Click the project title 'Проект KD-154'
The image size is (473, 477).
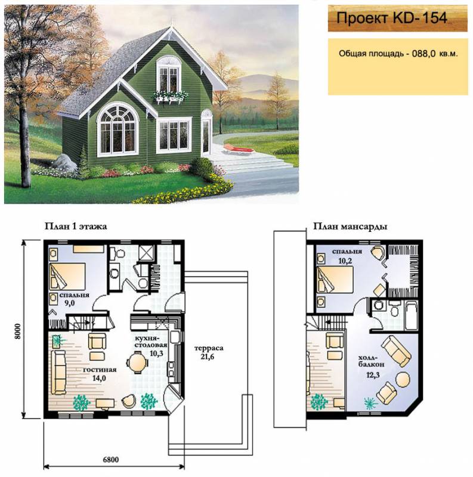(x=392, y=18)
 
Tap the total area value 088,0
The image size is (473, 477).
(x=423, y=54)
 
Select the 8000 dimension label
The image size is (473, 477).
(x=18, y=331)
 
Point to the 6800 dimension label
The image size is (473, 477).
(x=111, y=459)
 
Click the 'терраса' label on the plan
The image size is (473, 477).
(x=209, y=348)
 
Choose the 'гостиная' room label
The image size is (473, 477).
(x=100, y=370)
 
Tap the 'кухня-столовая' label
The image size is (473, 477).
(x=151, y=342)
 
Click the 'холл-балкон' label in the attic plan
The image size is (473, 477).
(x=371, y=361)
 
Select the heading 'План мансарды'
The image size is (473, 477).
(x=350, y=227)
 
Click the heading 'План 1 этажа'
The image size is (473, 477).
(x=76, y=227)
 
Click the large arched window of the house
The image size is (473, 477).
(x=117, y=128)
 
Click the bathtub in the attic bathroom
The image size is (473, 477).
(x=411, y=315)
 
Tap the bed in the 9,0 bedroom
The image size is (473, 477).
(x=67, y=276)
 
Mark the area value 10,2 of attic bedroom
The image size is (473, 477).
(x=345, y=261)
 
